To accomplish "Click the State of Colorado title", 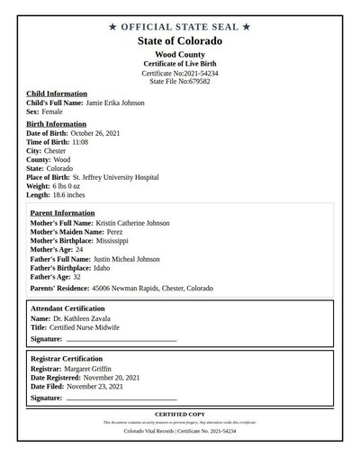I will pyautogui.click(x=180, y=41).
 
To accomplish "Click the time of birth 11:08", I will pyautogui.click(x=79, y=142).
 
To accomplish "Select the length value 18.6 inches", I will pyautogui.click(x=73, y=196).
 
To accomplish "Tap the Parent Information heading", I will pyautogui.click(x=68, y=213).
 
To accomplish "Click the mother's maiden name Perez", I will pyautogui.click(x=110, y=232).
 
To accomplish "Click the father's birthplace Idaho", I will pyautogui.click(x=101, y=268).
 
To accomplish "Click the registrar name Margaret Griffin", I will pyautogui.click(x=94, y=368).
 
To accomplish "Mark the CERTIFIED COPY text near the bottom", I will pyautogui.click(x=180, y=414).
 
